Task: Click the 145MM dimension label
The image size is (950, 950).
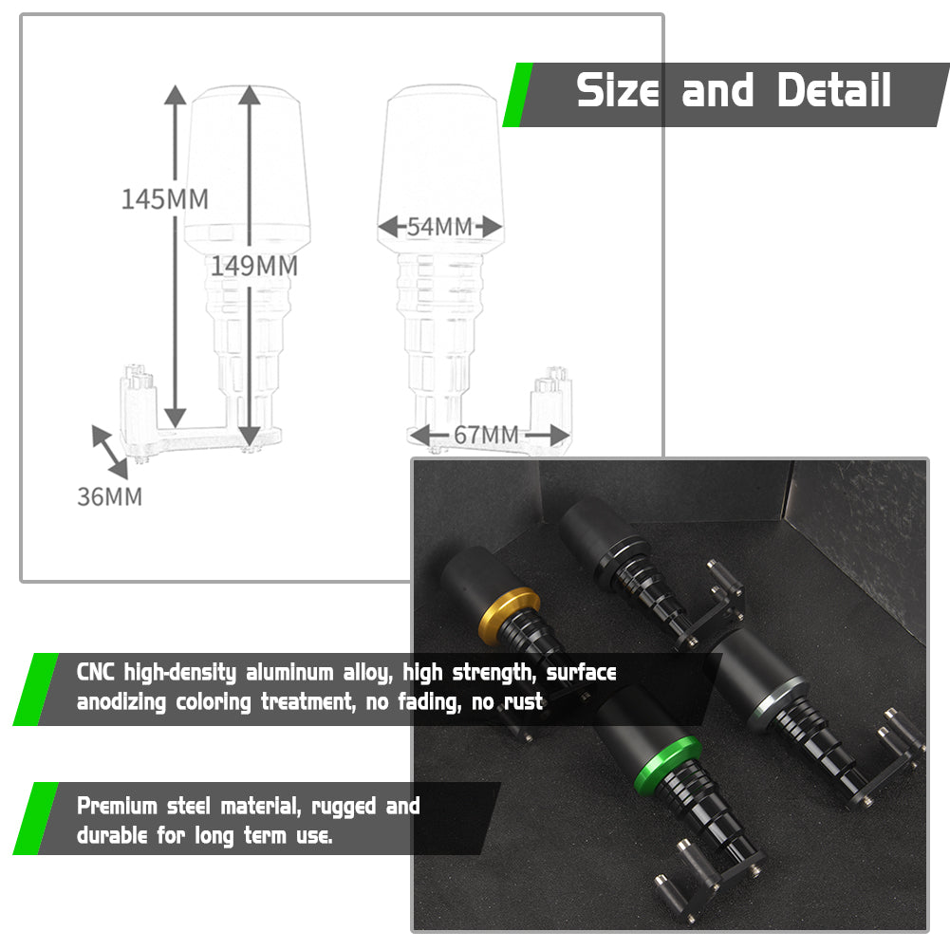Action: click(165, 198)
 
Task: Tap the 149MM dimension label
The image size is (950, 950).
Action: click(253, 266)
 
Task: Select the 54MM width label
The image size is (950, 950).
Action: click(439, 227)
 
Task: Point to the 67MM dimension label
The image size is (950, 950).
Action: click(486, 435)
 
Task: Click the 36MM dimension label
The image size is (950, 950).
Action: click(110, 496)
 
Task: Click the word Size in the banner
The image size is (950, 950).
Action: click(618, 90)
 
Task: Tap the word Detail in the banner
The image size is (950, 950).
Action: click(834, 90)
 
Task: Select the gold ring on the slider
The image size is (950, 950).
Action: click(508, 615)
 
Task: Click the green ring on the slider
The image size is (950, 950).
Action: click(667, 767)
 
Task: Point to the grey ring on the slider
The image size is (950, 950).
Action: click(776, 703)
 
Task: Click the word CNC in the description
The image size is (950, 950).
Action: click(96, 673)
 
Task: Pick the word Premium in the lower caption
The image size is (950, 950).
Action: click(117, 807)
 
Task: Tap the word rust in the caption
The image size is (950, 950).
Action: click(523, 702)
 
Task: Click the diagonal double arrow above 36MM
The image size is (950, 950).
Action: click(110, 453)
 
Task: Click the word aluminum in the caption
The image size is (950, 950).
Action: click(289, 673)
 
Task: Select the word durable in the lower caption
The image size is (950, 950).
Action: click(112, 835)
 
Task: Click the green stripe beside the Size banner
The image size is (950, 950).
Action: click(517, 95)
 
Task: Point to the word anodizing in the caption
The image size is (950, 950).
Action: click(121, 703)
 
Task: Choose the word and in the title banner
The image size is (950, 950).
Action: click(717, 90)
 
